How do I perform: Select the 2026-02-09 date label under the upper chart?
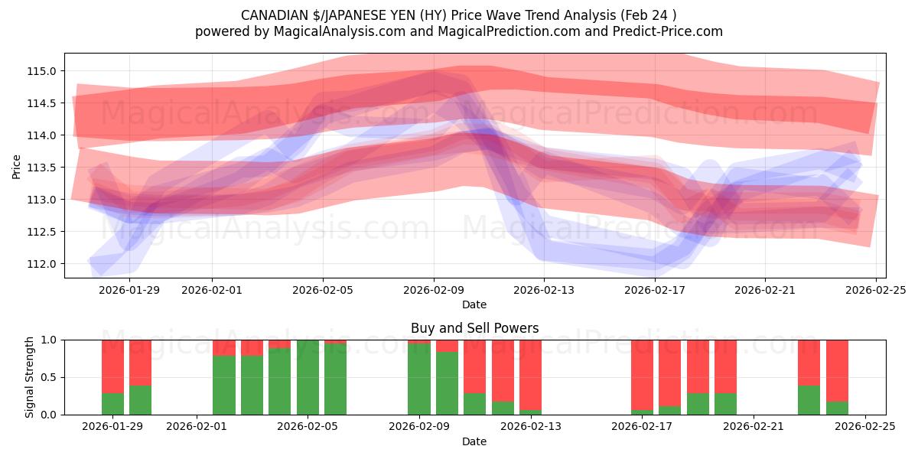point(434,290)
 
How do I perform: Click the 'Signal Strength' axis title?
point(30,377)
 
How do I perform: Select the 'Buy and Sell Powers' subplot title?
point(474,328)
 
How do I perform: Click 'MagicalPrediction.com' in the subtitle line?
point(498,31)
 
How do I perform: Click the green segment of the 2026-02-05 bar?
point(308,379)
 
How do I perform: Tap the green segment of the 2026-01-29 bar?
point(112,404)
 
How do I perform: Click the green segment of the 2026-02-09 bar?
point(418,379)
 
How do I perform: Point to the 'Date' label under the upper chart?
point(474,304)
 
